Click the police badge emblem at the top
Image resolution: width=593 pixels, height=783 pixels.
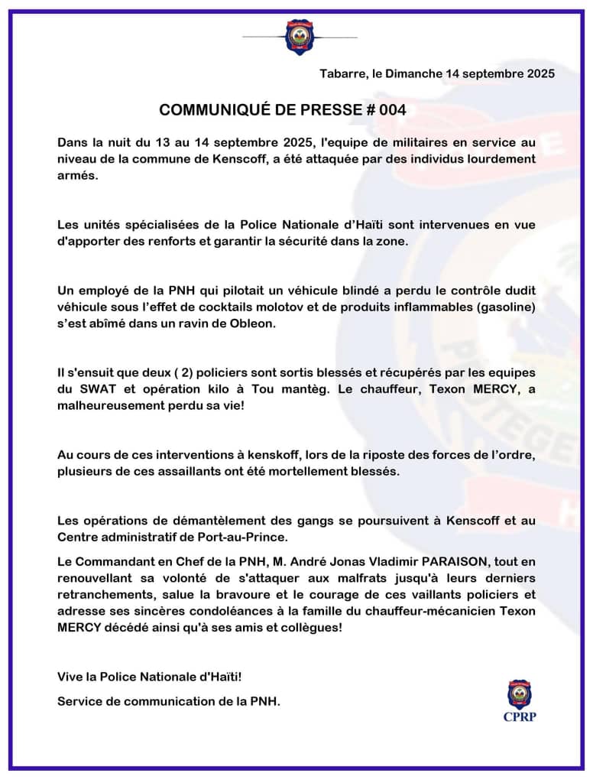(300, 37)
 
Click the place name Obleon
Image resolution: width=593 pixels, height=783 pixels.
(293, 323)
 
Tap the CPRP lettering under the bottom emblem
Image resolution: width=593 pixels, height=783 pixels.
(520, 716)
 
